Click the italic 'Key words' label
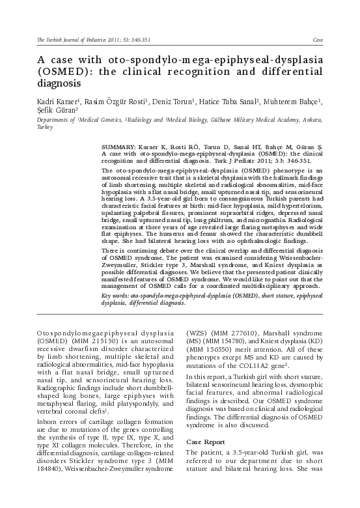(x=116, y=296)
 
